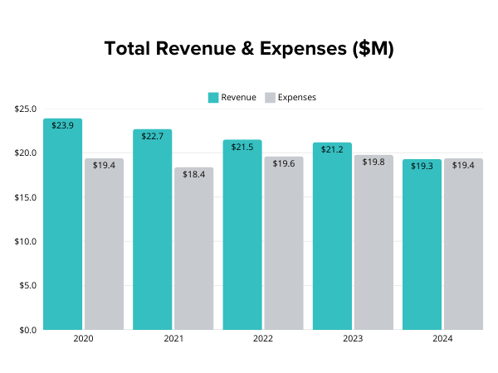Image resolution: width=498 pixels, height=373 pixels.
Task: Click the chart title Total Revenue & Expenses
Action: tap(249, 49)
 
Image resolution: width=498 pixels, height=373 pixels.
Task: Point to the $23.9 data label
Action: tap(63, 126)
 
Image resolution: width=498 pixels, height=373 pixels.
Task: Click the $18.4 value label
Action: tap(193, 175)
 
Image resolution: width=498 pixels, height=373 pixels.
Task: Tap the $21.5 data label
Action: tap(242, 147)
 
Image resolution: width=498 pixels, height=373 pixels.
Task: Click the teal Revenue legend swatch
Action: tap(213, 98)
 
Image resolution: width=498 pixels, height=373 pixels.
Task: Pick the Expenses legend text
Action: tap(296, 98)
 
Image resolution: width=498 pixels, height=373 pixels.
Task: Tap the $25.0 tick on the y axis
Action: tap(25, 109)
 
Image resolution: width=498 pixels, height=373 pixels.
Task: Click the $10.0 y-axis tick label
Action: tap(25, 241)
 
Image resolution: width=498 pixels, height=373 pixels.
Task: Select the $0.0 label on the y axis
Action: tap(27, 330)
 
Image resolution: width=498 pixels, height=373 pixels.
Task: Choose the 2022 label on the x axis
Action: tap(263, 339)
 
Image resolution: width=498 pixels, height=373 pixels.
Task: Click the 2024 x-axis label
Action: tap(442, 339)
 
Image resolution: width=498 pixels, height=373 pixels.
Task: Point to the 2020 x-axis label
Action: tap(83, 339)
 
